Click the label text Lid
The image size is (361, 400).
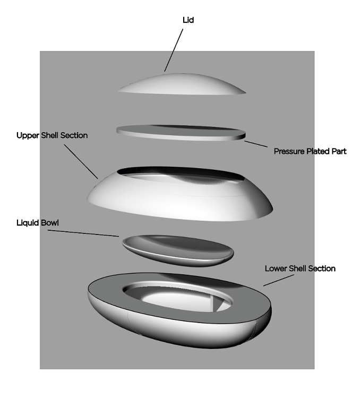[x=188, y=20]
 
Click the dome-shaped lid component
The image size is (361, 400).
[x=182, y=85]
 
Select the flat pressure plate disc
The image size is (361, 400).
[x=181, y=133]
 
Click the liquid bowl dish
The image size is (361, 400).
[x=178, y=251]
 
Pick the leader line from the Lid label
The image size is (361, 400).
[x=174, y=50]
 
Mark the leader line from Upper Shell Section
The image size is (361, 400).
[x=81, y=161]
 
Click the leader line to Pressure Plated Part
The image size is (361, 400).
[x=256, y=144]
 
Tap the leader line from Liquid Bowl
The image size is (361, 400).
[x=83, y=233]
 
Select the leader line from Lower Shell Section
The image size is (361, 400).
[x=279, y=280]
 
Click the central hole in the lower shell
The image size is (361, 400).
[x=179, y=299]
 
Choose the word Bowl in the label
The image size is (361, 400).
[x=50, y=223]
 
